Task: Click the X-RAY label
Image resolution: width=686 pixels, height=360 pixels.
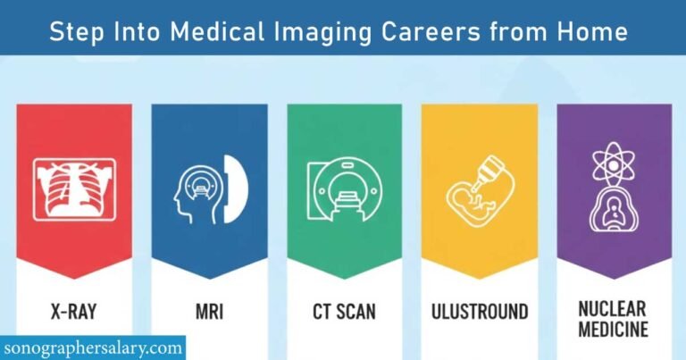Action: pyautogui.click(x=74, y=312)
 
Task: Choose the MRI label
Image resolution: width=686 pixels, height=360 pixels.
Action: pyautogui.click(x=209, y=312)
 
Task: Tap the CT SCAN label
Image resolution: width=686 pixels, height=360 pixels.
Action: pyautogui.click(x=344, y=312)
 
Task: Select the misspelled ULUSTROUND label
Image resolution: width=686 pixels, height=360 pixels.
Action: pyautogui.click(x=479, y=312)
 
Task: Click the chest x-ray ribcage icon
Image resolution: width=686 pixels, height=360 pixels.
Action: pyautogui.click(x=74, y=188)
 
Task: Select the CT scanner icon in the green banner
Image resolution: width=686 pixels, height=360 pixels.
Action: pyautogui.click(x=344, y=189)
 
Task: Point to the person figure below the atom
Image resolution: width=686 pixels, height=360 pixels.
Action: pyautogui.click(x=614, y=212)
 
